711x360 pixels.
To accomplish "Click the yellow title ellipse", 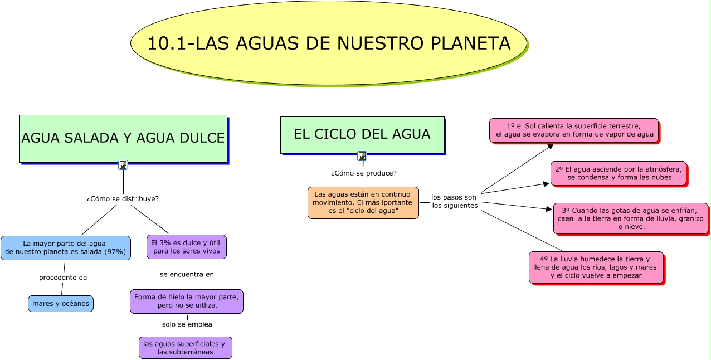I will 329,43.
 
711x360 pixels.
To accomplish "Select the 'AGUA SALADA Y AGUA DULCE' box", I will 123,138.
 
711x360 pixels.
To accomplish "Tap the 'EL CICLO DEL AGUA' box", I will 362,134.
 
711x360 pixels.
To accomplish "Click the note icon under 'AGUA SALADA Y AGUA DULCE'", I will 123,165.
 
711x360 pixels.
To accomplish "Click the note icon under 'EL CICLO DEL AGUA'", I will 362,156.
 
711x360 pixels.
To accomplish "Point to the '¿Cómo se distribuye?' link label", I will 123,198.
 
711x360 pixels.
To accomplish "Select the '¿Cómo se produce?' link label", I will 363,173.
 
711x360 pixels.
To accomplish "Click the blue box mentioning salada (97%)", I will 66,247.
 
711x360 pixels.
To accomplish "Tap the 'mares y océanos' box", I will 61,304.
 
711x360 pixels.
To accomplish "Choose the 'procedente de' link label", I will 63,278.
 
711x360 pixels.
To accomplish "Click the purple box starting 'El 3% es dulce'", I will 187,247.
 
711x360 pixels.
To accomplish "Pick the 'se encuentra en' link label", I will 187,274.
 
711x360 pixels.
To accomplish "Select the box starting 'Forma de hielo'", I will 187,301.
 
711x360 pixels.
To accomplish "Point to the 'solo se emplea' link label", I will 187,324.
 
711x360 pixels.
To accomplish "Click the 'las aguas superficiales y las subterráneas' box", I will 185,348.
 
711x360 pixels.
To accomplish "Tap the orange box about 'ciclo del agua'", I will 363,202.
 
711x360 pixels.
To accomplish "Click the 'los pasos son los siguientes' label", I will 454,201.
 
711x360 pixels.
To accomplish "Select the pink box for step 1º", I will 574,130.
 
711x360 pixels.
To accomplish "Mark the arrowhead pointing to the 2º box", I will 547,183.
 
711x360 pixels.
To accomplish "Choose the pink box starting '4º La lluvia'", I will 596,267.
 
